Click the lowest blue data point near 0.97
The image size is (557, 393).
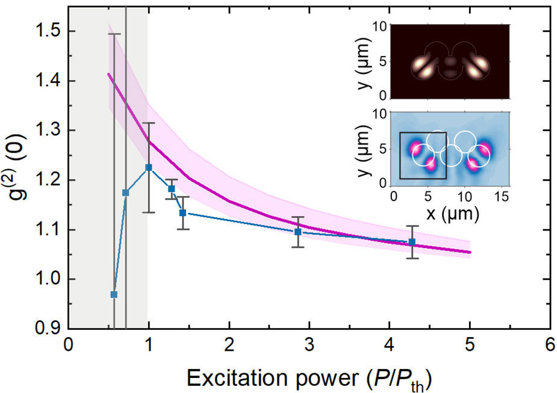(x=114, y=294)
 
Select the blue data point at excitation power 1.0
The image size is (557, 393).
(x=149, y=167)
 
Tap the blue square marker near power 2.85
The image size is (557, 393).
(x=297, y=232)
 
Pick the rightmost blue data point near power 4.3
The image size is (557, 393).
(x=412, y=242)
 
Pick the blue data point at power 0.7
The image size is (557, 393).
(x=126, y=193)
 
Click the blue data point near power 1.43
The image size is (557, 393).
(x=182, y=212)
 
